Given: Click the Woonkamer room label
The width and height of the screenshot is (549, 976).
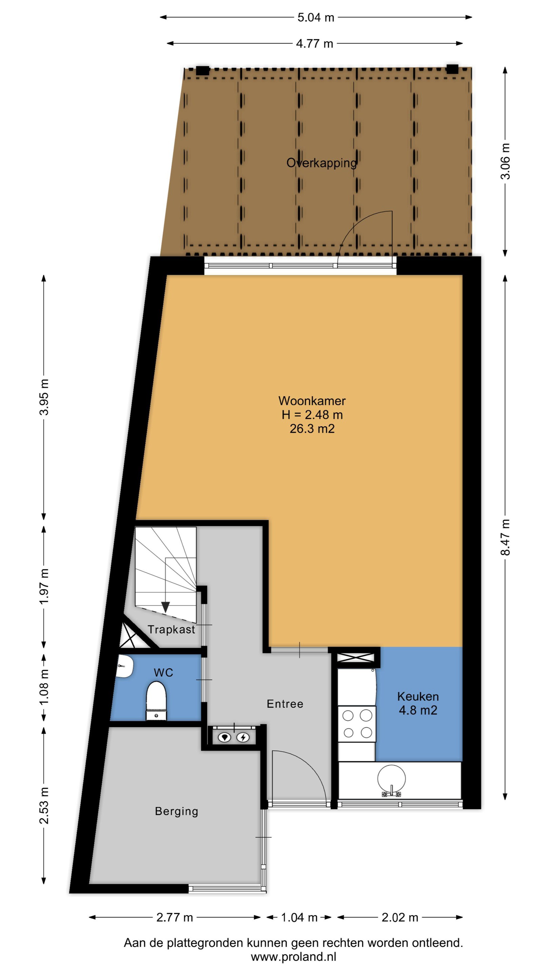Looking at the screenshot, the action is (x=312, y=401).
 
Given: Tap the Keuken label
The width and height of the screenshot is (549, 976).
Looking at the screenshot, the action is (x=418, y=696).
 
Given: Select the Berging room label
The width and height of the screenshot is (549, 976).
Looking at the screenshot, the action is (x=177, y=811).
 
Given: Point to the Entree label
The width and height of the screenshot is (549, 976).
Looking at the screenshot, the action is (x=285, y=704).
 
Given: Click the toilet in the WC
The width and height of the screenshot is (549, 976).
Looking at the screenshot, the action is (x=156, y=700).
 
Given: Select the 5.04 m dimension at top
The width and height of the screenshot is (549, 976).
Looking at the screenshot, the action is (x=316, y=17).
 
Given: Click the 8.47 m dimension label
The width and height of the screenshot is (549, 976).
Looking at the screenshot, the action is (x=505, y=537).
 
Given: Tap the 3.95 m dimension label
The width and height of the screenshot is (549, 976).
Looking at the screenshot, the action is (x=44, y=397).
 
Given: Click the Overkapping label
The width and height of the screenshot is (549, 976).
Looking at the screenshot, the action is (x=321, y=163).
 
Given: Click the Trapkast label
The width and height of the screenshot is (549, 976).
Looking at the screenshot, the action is (x=171, y=629).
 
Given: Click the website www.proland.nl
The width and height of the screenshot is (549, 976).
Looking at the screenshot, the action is (x=293, y=957).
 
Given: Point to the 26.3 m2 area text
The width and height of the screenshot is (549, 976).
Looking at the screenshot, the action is (x=312, y=428).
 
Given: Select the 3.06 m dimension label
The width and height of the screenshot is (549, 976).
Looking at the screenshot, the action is (x=505, y=161).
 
